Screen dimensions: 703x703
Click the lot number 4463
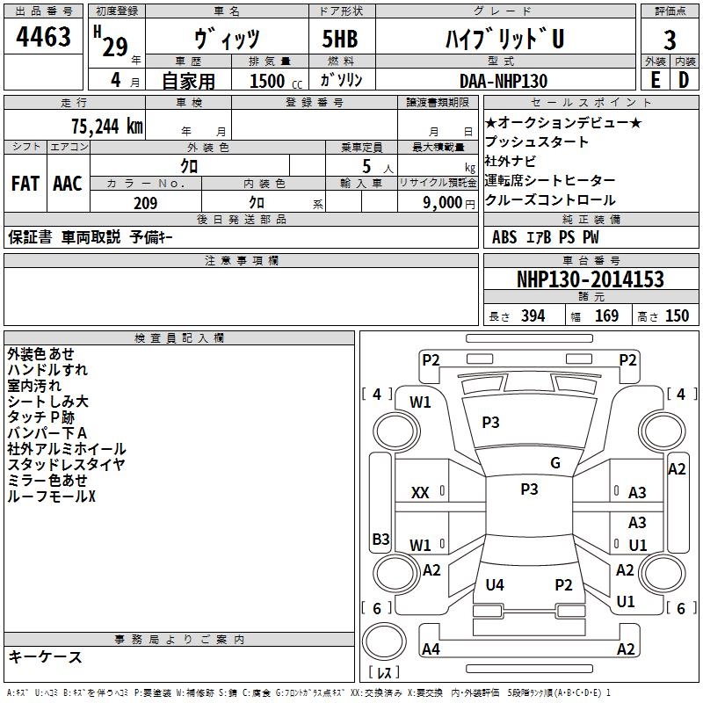click(x=43, y=37)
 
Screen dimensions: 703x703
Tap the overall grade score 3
click(x=670, y=40)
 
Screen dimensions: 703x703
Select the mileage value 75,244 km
click(x=107, y=127)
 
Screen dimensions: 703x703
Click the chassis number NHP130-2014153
click(x=590, y=279)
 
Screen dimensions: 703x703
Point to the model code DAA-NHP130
click(x=504, y=81)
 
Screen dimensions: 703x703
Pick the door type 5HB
click(x=340, y=39)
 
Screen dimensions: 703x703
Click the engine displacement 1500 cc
click(x=276, y=81)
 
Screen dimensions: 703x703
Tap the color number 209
click(x=146, y=203)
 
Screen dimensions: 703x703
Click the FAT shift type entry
click(x=25, y=184)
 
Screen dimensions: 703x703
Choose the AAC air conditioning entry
click(x=68, y=184)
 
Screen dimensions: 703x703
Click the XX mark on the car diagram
click(x=420, y=493)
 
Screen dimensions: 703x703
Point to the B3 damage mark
click(x=381, y=539)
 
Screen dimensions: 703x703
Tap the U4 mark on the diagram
click(x=495, y=584)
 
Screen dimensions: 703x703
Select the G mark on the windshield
click(x=555, y=463)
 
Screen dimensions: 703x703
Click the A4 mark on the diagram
click(x=431, y=649)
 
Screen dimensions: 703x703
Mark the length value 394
click(x=533, y=316)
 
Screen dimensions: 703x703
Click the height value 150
click(x=677, y=316)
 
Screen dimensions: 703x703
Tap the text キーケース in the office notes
click(x=46, y=656)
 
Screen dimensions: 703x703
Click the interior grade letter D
click(x=684, y=80)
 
